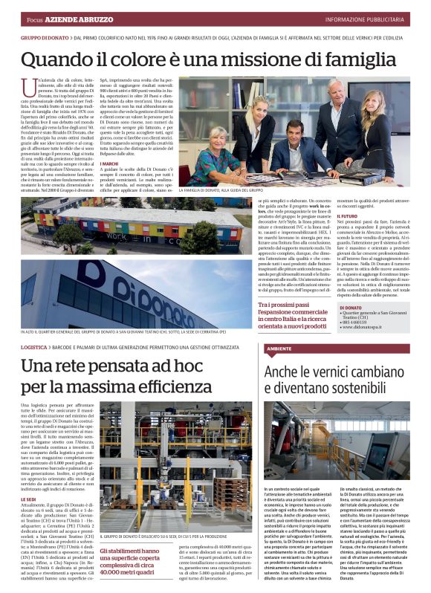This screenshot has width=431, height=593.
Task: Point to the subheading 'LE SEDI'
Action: click(x=29, y=479)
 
